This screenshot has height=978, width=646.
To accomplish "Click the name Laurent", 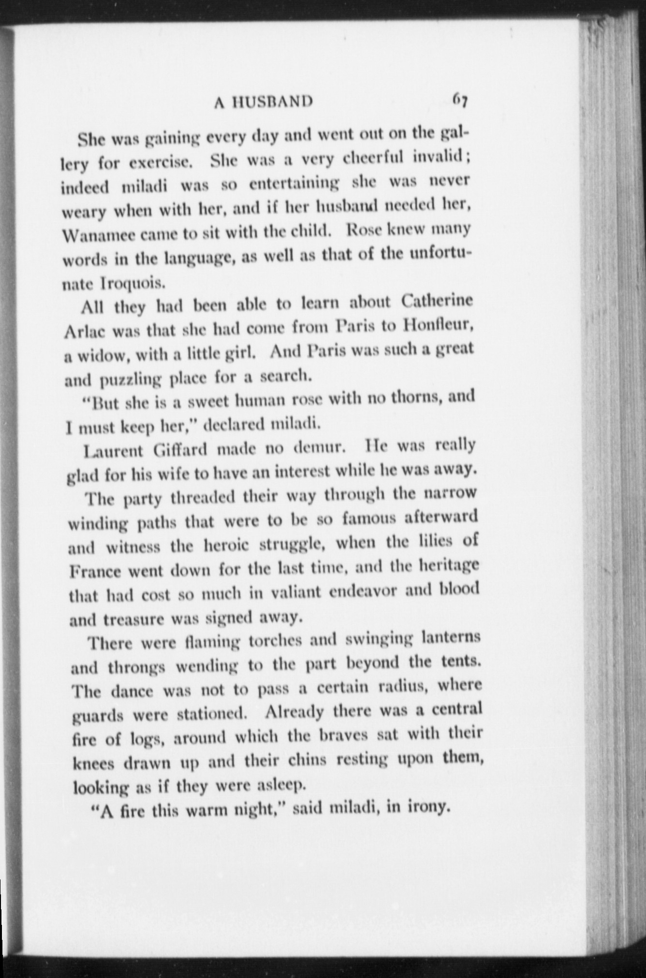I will (x=114, y=450).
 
